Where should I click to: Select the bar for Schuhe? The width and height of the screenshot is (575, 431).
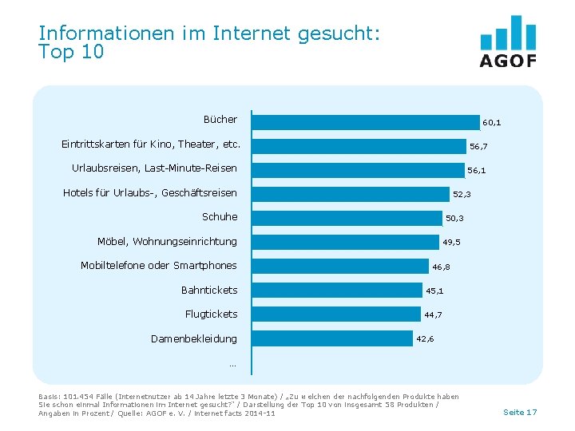[x=347, y=218]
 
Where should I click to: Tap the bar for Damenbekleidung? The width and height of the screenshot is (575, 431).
[x=332, y=338]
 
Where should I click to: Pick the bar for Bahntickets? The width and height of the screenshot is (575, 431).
[x=337, y=291]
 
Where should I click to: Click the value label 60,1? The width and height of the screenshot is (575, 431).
[x=492, y=123]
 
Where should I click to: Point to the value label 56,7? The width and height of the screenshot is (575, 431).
[x=479, y=147]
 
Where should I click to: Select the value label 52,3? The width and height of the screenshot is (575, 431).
[x=462, y=195]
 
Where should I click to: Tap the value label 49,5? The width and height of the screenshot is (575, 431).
[x=452, y=243]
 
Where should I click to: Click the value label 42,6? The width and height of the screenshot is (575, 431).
[x=426, y=339]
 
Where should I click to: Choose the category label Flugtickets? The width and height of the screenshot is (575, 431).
[x=211, y=314]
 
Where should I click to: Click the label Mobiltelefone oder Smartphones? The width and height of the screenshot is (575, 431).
[x=159, y=266]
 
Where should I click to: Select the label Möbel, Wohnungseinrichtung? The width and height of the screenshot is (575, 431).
[x=167, y=242]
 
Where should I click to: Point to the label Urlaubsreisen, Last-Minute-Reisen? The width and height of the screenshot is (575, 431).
[x=154, y=168]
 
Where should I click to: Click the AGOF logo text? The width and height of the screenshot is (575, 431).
[x=508, y=61]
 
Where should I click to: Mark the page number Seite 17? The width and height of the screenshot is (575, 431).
[x=520, y=412]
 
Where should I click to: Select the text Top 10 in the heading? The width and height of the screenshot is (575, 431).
[x=71, y=52]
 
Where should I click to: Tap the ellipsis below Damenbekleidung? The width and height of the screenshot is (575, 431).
[x=232, y=365]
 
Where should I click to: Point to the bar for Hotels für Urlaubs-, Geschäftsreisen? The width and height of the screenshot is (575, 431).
[x=351, y=194]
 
